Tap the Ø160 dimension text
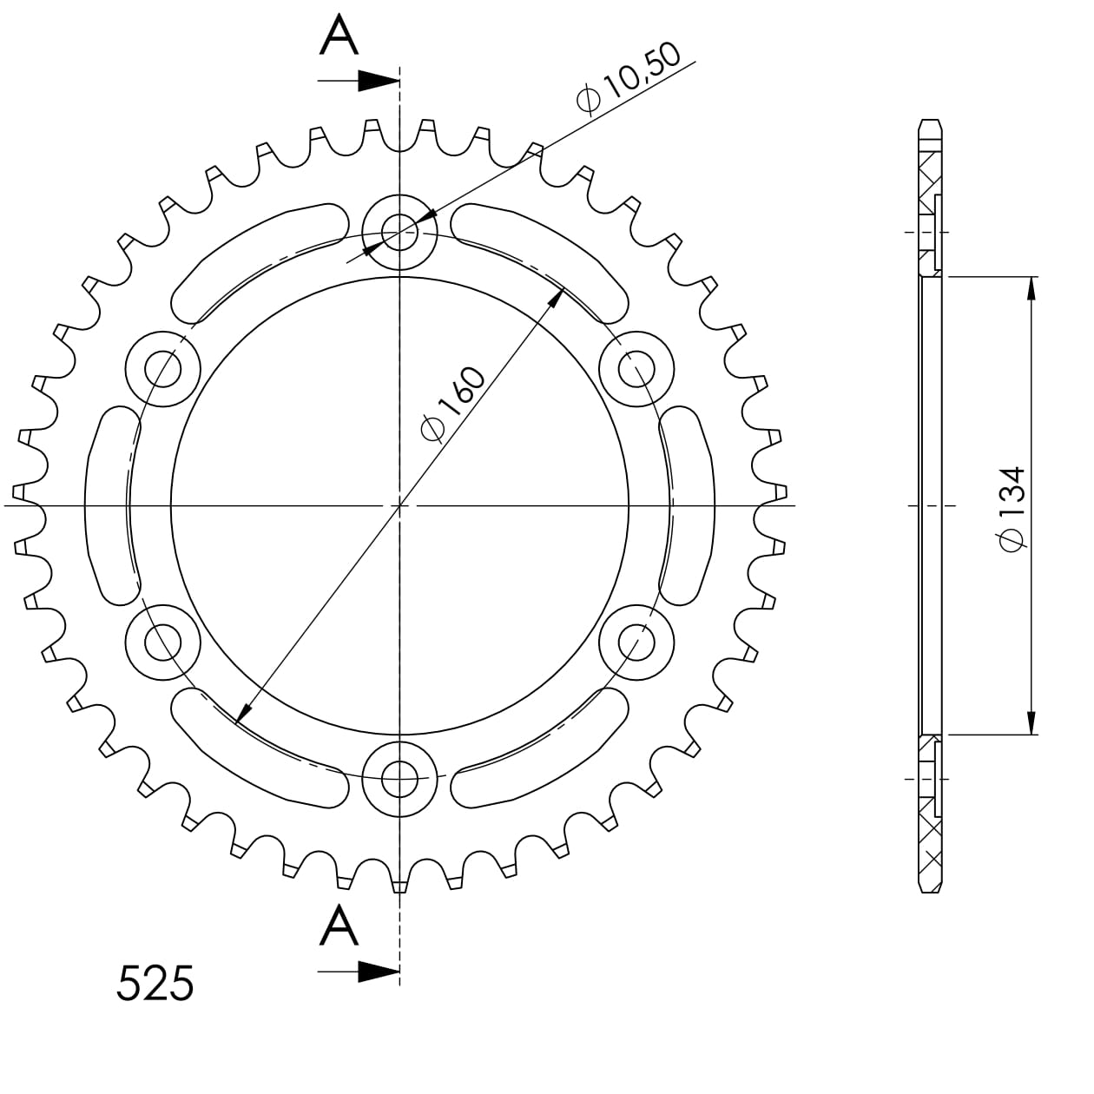point(453,404)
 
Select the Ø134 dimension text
point(1012,509)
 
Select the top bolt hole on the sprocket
point(399,232)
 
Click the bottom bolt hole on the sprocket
point(399,778)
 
